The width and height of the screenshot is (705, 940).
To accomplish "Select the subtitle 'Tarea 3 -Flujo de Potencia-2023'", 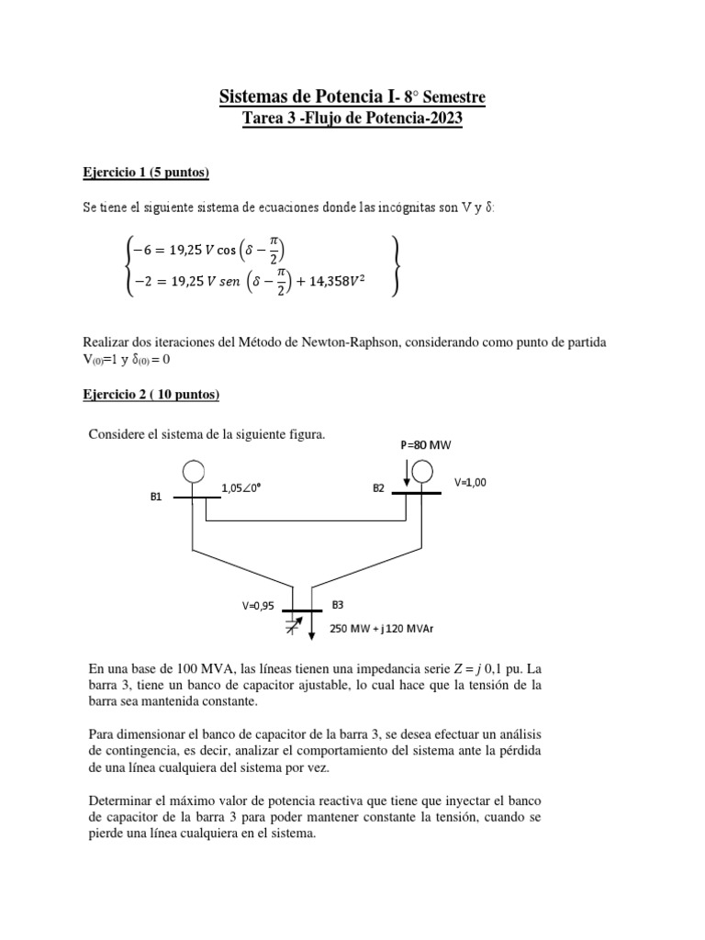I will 352,119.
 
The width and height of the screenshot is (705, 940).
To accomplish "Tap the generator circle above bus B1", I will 193,473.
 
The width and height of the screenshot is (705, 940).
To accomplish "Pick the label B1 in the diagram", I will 156,498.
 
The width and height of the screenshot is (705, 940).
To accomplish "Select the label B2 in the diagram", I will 378,488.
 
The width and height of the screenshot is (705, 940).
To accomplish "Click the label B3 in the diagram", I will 338,606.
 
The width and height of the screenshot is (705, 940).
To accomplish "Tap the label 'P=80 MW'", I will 426,445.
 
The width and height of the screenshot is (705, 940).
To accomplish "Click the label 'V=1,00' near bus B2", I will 470,482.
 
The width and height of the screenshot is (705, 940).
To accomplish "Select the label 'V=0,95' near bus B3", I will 259,606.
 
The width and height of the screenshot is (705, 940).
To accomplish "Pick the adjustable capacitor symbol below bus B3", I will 293,626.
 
